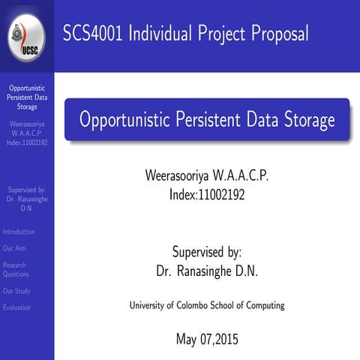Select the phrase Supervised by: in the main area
coord(206,253)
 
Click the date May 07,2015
coord(206,338)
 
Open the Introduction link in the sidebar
coord(19,232)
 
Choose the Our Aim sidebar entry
coord(14,247)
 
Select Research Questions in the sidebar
coord(16,269)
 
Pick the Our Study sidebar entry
coord(16,291)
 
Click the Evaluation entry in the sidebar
coord(16,307)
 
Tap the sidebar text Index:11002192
coord(27,142)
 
